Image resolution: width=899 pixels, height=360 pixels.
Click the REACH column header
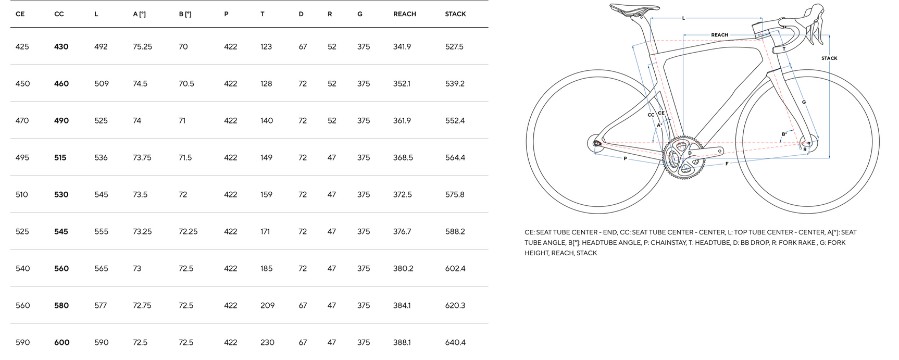[x=404, y=14]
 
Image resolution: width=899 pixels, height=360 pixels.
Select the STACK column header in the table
[x=455, y=14]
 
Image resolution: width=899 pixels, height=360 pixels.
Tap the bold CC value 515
[x=60, y=157]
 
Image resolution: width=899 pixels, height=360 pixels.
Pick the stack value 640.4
[x=455, y=342]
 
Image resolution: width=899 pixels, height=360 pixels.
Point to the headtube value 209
[x=267, y=305]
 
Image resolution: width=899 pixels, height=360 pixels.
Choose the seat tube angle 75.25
[x=142, y=46]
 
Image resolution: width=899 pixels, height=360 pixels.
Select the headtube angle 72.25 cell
[x=188, y=231]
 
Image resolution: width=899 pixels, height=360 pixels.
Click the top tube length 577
[x=101, y=305]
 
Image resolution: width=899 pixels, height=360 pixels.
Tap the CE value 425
[x=22, y=46]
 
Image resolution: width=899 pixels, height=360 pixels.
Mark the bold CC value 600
[x=61, y=342]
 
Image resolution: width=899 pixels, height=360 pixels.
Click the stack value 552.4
[x=455, y=120]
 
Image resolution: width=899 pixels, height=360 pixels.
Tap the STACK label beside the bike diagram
[x=829, y=58]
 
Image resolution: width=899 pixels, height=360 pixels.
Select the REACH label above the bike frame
[x=719, y=35]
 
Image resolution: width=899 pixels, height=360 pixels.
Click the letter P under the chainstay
[x=625, y=158]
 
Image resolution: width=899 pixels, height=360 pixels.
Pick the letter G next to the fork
[x=804, y=102]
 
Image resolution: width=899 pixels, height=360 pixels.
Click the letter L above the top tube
[x=683, y=18]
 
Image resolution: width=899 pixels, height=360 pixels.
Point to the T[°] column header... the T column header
[x=262, y=14]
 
